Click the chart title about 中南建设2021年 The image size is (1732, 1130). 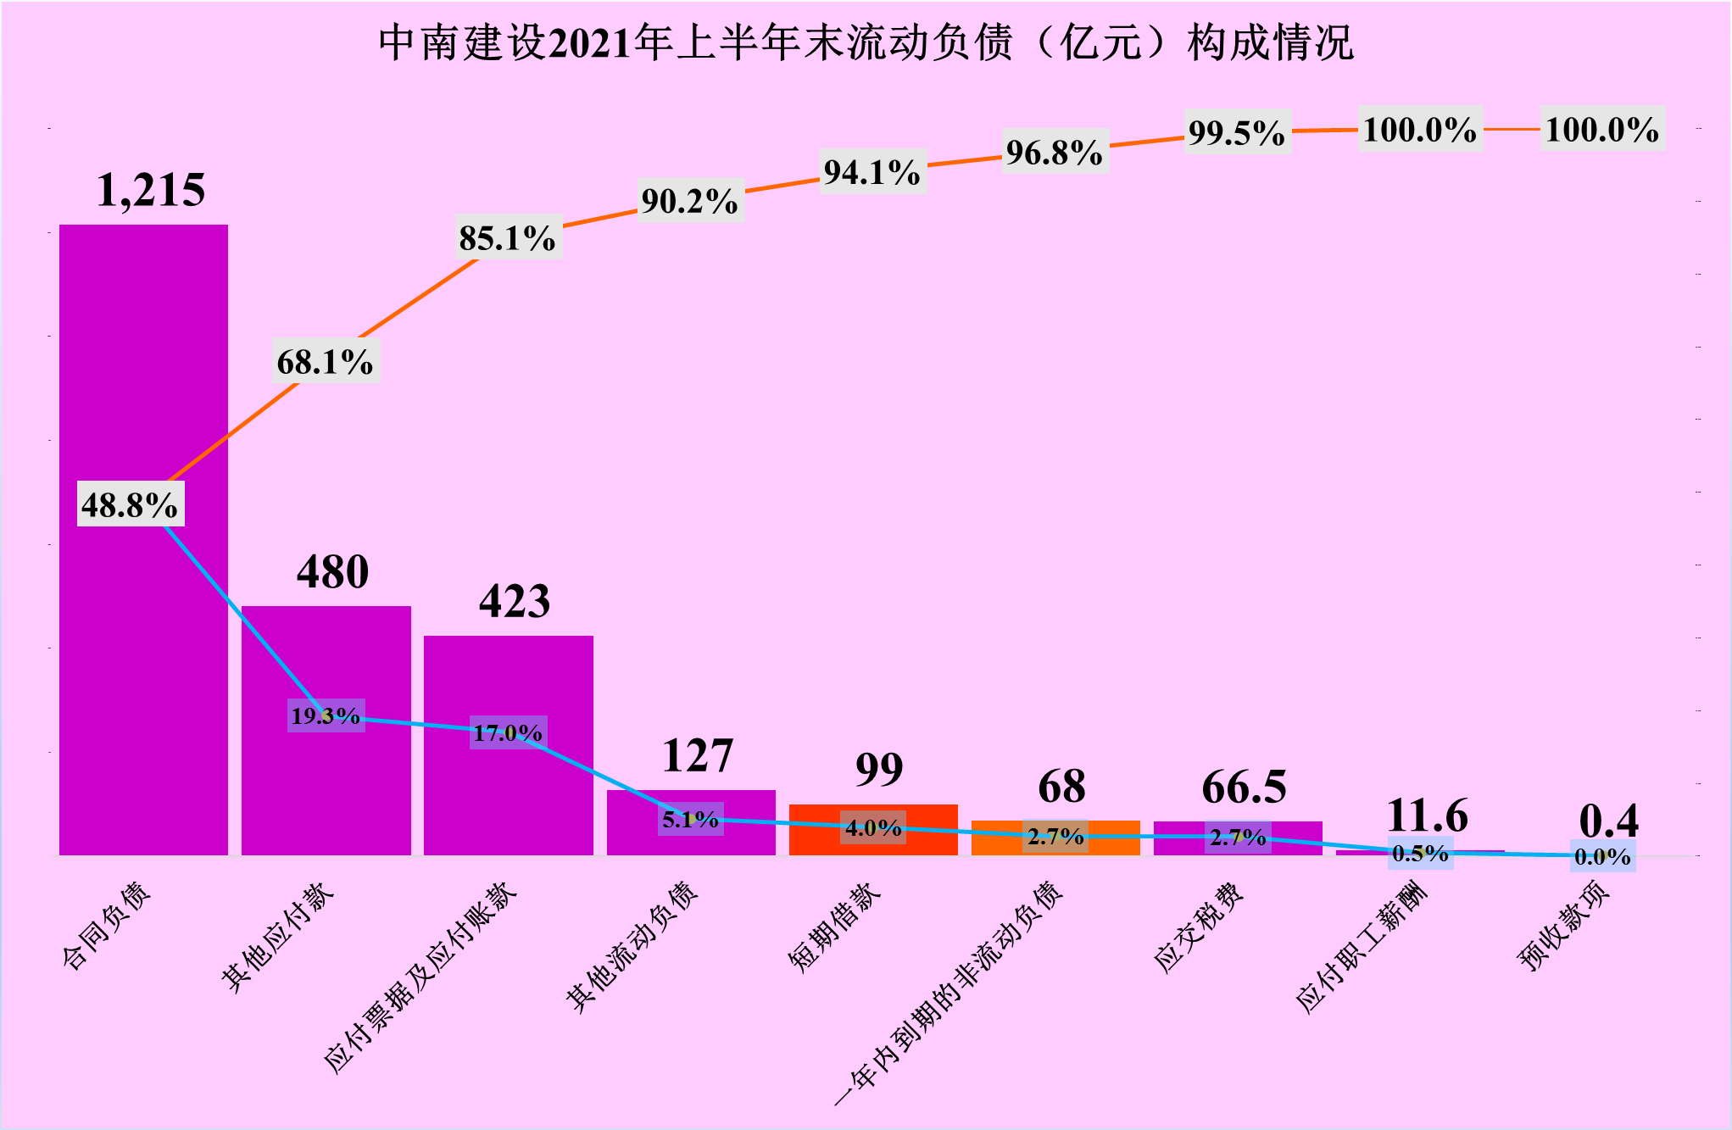[866, 42]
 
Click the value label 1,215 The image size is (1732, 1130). [151, 190]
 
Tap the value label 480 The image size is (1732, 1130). [332, 572]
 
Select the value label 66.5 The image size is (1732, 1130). [1244, 788]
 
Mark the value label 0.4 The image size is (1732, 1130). [1608, 821]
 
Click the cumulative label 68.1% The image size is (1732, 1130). [326, 362]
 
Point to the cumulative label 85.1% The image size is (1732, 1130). [508, 238]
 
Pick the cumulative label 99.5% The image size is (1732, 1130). [1237, 133]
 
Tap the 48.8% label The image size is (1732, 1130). [130, 505]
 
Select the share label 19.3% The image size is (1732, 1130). [326, 716]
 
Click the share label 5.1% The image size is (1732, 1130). [690, 820]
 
